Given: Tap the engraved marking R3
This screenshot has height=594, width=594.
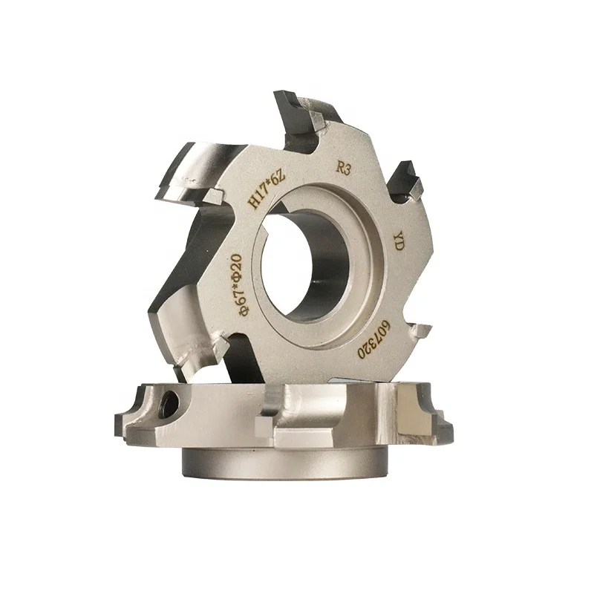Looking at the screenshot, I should (x=343, y=169).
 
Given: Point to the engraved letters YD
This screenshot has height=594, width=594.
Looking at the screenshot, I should (x=398, y=241).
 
